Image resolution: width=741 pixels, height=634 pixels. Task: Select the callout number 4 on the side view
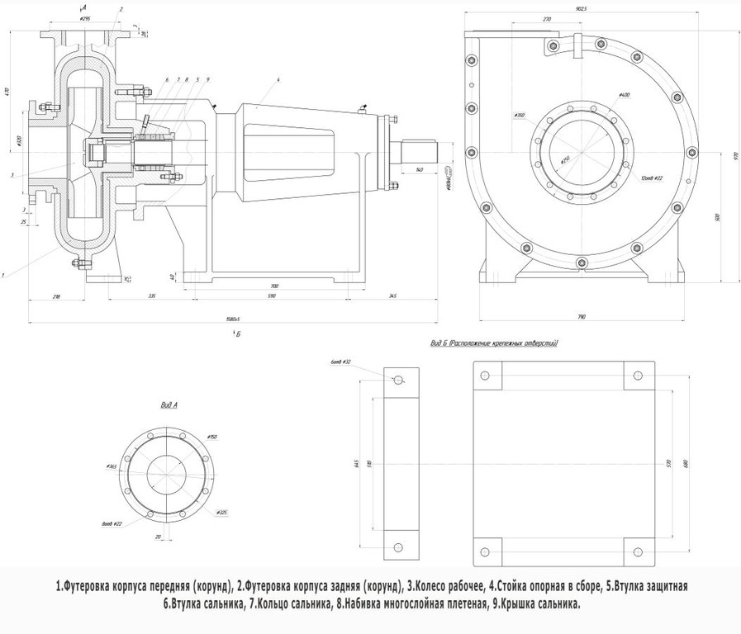pos(279,79)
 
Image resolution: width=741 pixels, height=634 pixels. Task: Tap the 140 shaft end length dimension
pos(420,169)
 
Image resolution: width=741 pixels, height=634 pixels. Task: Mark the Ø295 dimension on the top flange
pos(84,17)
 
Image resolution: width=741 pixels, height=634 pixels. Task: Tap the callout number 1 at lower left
pos(4,274)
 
